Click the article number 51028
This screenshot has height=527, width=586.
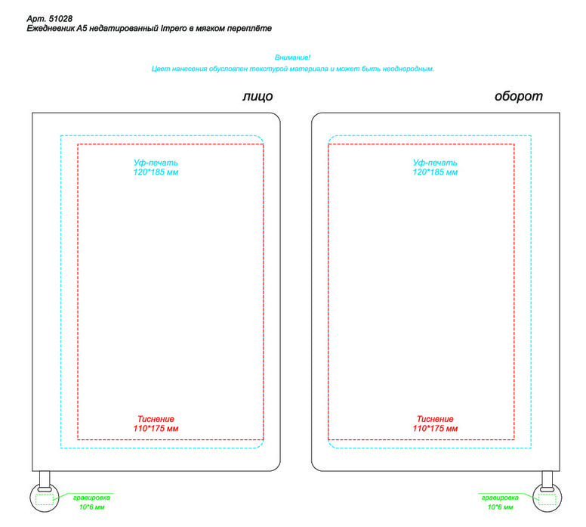point(60,19)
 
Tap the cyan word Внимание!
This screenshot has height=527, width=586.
point(292,57)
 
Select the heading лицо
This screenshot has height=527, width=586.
point(258,97)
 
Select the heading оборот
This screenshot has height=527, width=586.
point(518,97)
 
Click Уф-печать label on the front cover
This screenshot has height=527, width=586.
point(156,163)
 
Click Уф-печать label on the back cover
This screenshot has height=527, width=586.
point(435,163)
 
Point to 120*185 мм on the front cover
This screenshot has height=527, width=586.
point(156,172)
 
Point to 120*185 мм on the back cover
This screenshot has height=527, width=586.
point(435,172)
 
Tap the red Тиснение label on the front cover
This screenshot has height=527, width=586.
point(156,419)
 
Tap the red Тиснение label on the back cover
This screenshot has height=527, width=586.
point(435,419)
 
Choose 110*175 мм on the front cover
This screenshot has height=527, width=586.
point(156,429)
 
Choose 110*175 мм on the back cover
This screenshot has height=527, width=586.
point(435,429)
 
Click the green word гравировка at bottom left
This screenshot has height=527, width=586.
point(91,498)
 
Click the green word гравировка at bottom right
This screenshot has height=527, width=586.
point(500,498)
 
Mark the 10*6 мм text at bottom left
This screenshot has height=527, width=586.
point(91,507)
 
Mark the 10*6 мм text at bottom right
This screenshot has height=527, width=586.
point(500,507)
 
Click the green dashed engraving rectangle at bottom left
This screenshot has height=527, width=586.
point(45,499)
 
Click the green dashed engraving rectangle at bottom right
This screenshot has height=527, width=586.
point(547,499)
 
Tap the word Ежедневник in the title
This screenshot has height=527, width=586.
point(51,29)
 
